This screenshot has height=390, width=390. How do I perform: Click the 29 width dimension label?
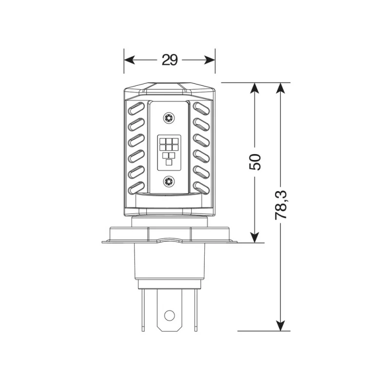tap(169, 60)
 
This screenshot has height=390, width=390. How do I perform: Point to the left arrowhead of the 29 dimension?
tap(129, 60)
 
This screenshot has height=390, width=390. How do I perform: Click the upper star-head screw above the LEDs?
tap(169, 117)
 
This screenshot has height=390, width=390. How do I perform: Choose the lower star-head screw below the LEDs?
tap(169, 181)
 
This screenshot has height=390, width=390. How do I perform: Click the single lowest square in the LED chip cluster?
tap(169, 162)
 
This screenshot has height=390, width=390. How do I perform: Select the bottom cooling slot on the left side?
tap(136, 186)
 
